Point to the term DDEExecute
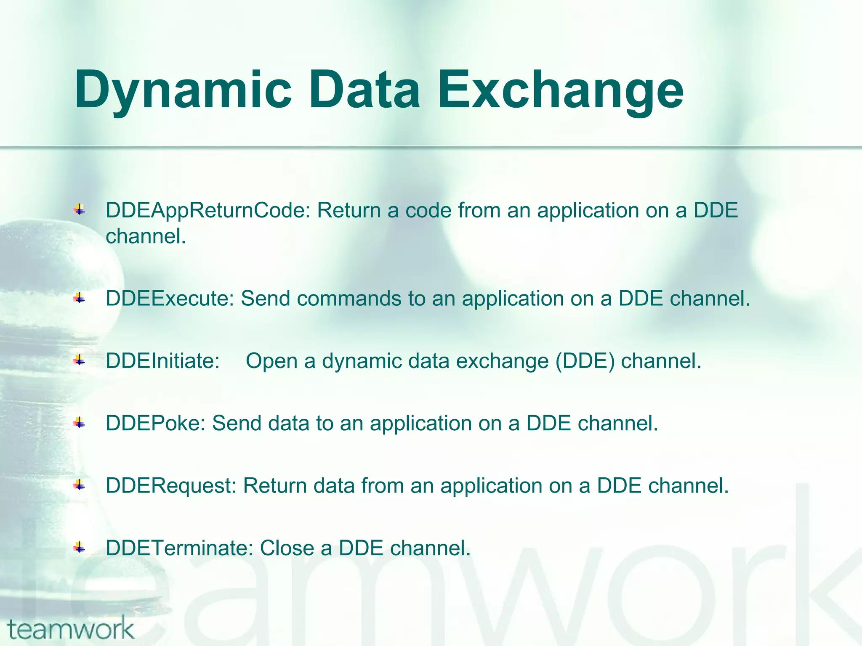click(170, 299)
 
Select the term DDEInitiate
click(162, 361)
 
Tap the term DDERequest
click(171, 486)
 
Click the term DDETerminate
click(179, 548)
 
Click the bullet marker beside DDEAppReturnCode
click(79, 209)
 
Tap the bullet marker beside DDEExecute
click(79, 299)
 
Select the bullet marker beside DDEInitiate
click(79, 360)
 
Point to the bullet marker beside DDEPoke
click(79, 423)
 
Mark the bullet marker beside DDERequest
click(79, 485)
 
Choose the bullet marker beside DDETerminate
click(79, 548)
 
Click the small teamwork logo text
click(71, 629)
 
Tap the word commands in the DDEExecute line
click(349, 299)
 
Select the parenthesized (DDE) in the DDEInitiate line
click(585, 361)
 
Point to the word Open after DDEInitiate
click(271, 361)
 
